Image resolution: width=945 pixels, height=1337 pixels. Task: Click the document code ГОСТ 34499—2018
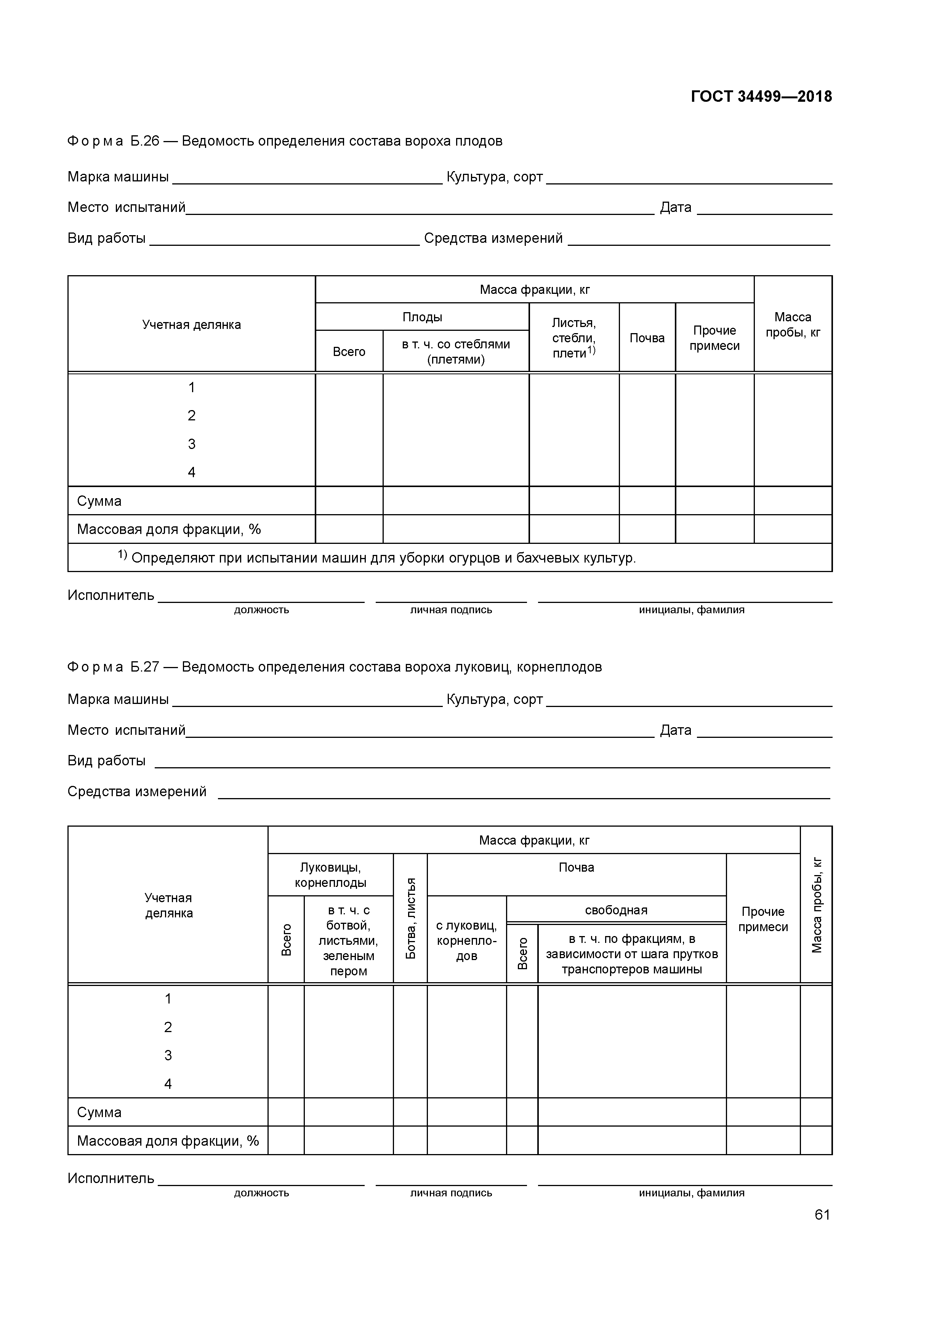761,97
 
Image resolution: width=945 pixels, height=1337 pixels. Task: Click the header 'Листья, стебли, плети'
573,338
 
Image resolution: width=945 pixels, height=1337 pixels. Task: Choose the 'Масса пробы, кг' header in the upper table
793,324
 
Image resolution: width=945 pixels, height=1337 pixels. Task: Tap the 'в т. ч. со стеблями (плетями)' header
456,351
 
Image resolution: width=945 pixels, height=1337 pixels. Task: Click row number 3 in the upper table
192,444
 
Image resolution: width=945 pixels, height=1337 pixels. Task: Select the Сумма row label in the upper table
99,501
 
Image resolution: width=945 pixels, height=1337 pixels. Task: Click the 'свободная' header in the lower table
616,910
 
